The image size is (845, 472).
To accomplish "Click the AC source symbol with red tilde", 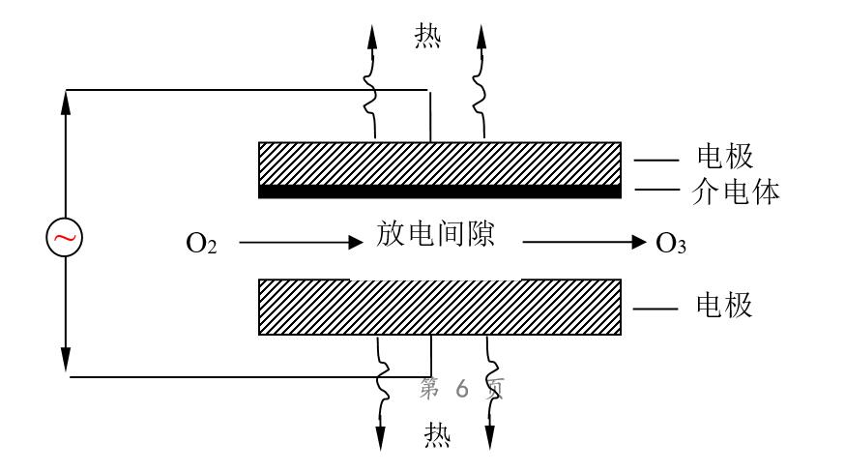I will pyautogui.click(x=65, y=238).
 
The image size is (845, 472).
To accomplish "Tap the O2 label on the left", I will pyautogui.click(x=201, y=243).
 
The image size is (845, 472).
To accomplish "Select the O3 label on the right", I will pyautogui.click(x=671, y=243).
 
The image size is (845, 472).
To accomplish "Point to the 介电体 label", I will pyautogui.click(x=738, y=192).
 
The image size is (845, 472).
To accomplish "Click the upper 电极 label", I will pyautogui.click(x=724, y=157).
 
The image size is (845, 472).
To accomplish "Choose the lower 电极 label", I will pyautogui.click(x=724, y=307).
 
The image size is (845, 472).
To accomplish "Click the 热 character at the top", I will pyautogui.click(x=427, y=36).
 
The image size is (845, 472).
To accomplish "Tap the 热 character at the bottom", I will pyautogui.click(x=437, y=436).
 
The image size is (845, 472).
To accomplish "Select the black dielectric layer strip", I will pyautogui.click(x=439, y=192).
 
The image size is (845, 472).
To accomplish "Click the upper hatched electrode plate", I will pyautogui.click(x=439, y=163).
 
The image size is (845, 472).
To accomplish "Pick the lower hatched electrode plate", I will pyautogui.click(x=439, y=308).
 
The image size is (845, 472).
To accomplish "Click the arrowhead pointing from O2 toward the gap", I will pyautogui.click(x=354, y=243).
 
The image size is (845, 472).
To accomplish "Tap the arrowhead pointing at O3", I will pyautogui.click(x=638, y=243).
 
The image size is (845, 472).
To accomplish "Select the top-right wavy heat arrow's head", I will pyautogui.click(x=482, y=35).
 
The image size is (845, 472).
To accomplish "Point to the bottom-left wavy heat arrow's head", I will pyautogui.click(x=381, y=439).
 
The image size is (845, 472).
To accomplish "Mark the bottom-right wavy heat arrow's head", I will pyautogui.click(x=490, y=439).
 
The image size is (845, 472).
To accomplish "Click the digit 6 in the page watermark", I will pyautogui.click(x=461, y=388).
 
